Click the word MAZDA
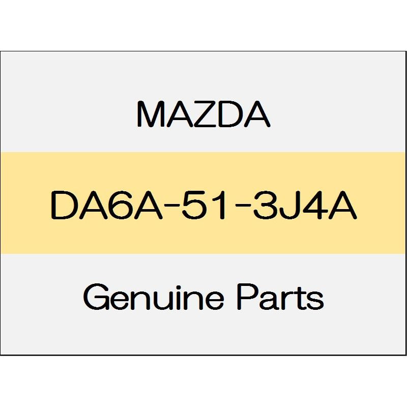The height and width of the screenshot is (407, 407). pos(203,114)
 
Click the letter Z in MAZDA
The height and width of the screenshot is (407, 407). pos(203,114)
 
